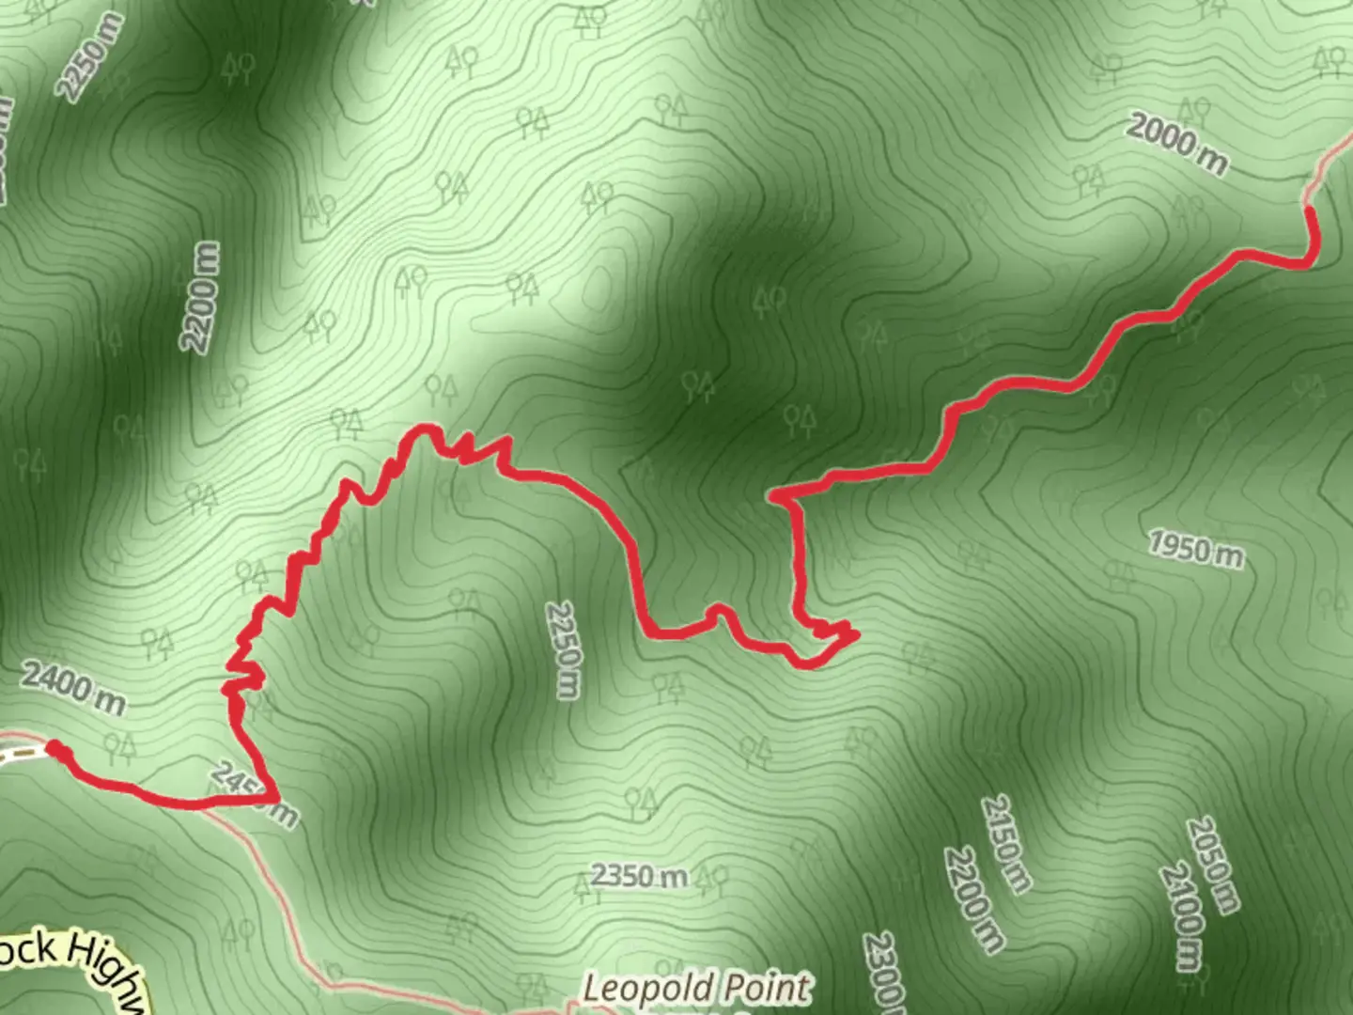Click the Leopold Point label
coord(695,989)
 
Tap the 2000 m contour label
coord(1176,143)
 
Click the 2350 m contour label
coord(639,876)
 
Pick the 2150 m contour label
coord(1006,843)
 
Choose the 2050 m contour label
coord(1212,864)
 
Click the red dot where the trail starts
coord(55,749)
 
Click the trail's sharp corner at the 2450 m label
coord(276,798)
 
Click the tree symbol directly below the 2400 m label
coord(119,748)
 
